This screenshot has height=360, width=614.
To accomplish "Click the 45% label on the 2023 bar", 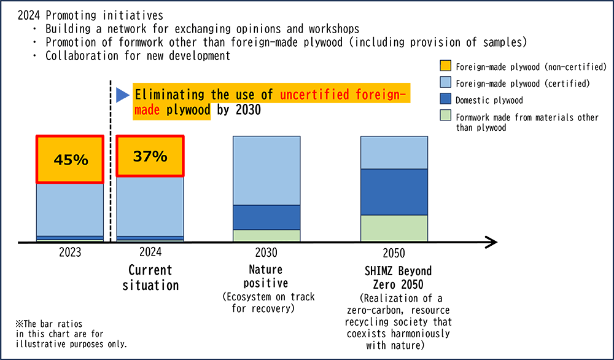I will click(69, 160).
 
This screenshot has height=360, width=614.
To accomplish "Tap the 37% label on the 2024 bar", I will click(150, 156).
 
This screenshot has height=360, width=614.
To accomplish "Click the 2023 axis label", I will click(69, 252).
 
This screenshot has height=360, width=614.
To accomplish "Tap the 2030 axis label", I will click(266, 252).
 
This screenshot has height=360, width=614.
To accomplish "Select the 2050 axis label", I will click(394, 252).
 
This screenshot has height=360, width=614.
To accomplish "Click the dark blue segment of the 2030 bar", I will click(266, 217).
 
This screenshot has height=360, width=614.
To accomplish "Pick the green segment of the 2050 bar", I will click(394, 228).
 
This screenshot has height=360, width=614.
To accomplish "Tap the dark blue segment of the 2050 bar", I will click(394, 192).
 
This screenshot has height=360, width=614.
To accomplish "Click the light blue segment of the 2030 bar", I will click(266, 170).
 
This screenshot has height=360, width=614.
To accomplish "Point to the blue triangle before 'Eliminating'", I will click(122, 95).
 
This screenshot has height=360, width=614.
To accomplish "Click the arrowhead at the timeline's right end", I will click(491, 243).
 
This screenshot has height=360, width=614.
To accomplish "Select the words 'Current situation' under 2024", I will click(150, 278).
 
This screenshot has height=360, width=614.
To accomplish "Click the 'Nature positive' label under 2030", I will click(266, 276).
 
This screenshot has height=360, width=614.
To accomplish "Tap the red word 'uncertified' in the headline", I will click(313, 95).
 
